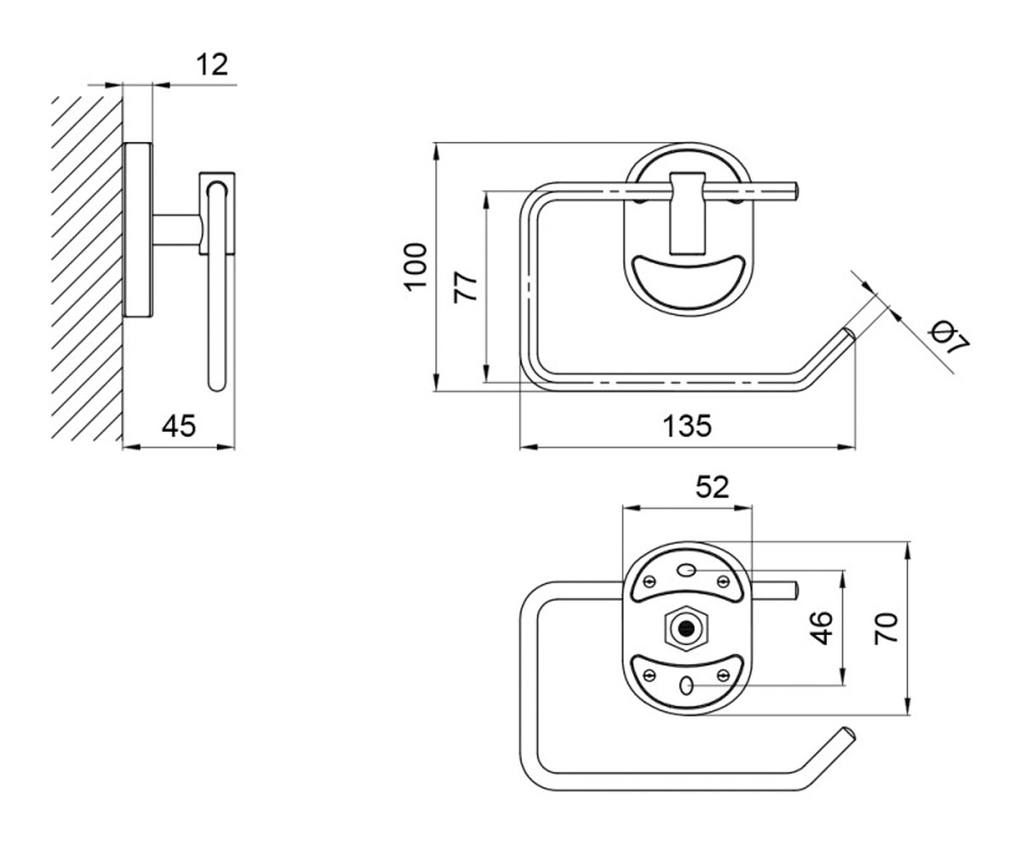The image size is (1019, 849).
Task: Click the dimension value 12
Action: pyautogui.click(x=211, y=65)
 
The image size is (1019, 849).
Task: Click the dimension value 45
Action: pyautogui.click(x=178, y=425)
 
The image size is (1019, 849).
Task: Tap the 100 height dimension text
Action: pyautogui.click(x=415, y=267)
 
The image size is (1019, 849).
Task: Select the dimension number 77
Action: pyautogui.click(x=465, y=288)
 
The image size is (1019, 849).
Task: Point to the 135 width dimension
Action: pyautogui.click(x=687, y=425)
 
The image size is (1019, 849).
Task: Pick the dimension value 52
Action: pyautogui.click(x=712, y=486)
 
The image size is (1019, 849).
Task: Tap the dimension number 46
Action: pyautogui.click(x=820, y=628)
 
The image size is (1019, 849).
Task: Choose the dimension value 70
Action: pyautogui.click(x=886, y=628)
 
